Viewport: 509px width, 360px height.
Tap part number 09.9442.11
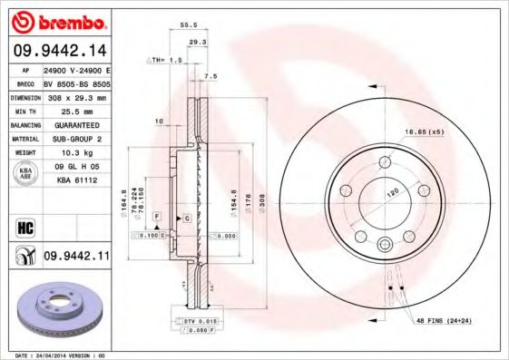click(x=76, y=258)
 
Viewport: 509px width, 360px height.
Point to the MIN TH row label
click(x=23, y=109)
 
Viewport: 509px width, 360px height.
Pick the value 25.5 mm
click(x=76, y=109)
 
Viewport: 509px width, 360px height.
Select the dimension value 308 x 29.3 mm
click(x=76, y=96)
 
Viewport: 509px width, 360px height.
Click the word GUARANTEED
click(x=76, y=124)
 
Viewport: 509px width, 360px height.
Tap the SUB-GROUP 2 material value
click(x=76, y=138)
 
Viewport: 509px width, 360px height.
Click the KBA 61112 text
click(x=76, y=180)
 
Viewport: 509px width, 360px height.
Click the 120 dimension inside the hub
click(x=391, y=193)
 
